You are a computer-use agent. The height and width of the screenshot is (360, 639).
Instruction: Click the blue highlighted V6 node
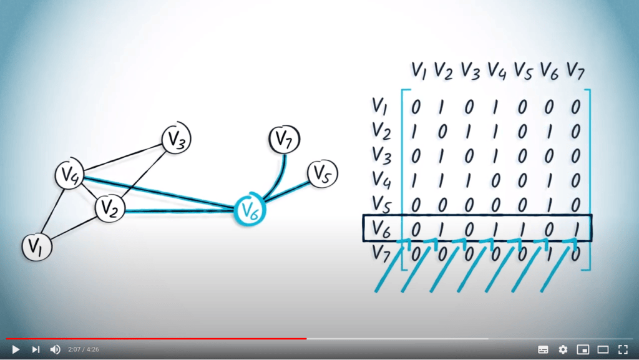point(250,210)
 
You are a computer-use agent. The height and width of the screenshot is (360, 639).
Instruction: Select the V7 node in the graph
point(284,139)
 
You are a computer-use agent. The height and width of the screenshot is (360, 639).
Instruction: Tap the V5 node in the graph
point(323,174)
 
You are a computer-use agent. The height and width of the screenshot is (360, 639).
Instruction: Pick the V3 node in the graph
point(176,139)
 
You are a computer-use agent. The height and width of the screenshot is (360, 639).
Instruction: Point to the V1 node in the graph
point(37,247)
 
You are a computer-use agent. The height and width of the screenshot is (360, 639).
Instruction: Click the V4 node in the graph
point(70,175)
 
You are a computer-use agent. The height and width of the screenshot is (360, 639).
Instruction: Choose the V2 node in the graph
point(110,208)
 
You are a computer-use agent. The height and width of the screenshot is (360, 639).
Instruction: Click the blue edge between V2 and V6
point(180,210)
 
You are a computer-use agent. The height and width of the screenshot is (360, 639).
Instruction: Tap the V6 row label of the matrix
point(381,229)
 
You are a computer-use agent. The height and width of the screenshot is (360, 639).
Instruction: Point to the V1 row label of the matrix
point(379,106)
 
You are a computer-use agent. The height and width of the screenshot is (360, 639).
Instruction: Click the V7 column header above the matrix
point(575,71)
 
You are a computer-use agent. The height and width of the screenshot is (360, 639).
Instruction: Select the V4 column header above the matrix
point(497,70)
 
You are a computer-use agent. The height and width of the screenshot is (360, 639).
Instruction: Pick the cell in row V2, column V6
point(549,132)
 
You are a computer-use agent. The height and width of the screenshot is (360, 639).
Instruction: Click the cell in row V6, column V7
point(576,229)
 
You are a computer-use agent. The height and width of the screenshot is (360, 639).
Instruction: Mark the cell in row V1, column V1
point(415,107)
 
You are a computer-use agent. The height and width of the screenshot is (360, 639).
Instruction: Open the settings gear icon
point(563,349)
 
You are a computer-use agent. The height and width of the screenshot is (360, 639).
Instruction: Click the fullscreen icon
point(623,349)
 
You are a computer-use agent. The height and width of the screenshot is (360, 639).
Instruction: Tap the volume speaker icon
point(55,349)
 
